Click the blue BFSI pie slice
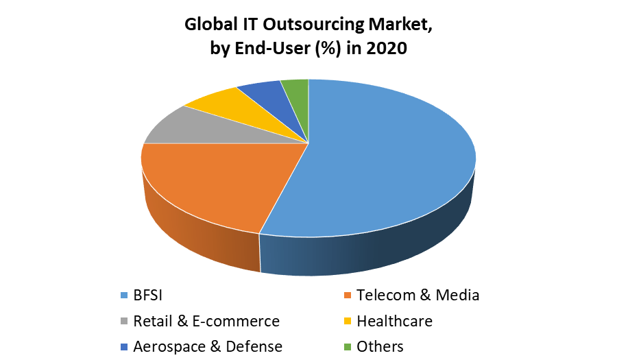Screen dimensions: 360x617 [x=384, y=158]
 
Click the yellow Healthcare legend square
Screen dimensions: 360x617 [x=347, y=322]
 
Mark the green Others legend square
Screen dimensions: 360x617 [x=347, y=347]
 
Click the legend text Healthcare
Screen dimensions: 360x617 [x=394, y=321]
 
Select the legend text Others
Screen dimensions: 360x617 [x=380, y=346]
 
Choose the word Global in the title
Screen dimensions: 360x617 [x=210, y=26]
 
